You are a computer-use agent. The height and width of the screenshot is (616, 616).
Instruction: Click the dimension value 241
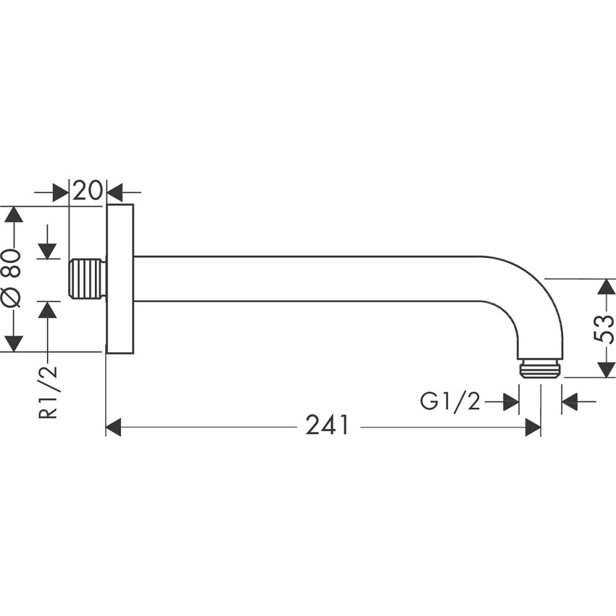point(328,426)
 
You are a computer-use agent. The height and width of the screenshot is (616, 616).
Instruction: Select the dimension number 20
point(87,191)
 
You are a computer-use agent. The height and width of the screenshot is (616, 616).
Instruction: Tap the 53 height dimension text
point(604,328)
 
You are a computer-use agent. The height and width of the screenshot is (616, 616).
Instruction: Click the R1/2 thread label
point(48,393)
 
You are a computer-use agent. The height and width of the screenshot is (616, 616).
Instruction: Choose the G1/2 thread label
point(450,401)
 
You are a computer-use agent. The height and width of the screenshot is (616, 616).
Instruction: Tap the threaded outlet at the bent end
point(541,368)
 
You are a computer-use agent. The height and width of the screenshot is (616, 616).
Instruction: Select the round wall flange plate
point(120,279)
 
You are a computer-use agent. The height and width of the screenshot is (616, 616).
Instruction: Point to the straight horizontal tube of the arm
point(304,279)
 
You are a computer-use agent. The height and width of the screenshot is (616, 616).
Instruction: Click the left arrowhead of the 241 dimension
point(114,428)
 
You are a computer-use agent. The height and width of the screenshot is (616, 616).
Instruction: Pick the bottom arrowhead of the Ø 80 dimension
point(13,344)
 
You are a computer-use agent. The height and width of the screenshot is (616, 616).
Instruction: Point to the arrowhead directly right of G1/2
point(511,401)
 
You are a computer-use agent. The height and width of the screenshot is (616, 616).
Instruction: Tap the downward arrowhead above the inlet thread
point(48,250)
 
